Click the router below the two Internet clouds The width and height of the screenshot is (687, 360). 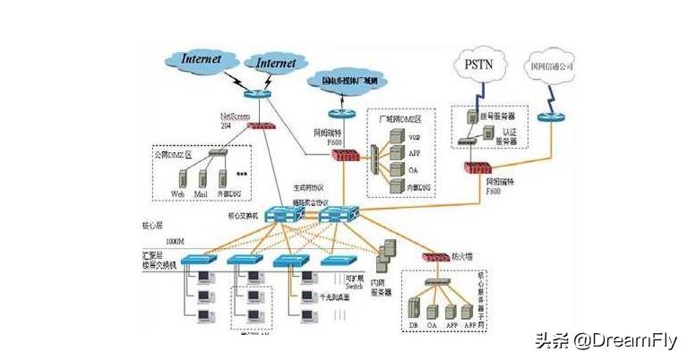pyautogui.click(x=255, y=93)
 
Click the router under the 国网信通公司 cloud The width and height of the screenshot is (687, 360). pyautogui.click(x=545, y=117)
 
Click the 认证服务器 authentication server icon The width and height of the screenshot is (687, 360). pyautogui.click(x=488, y=133)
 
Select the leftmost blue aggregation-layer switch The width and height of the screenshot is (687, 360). pyautogui.click(x=198, y=260)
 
